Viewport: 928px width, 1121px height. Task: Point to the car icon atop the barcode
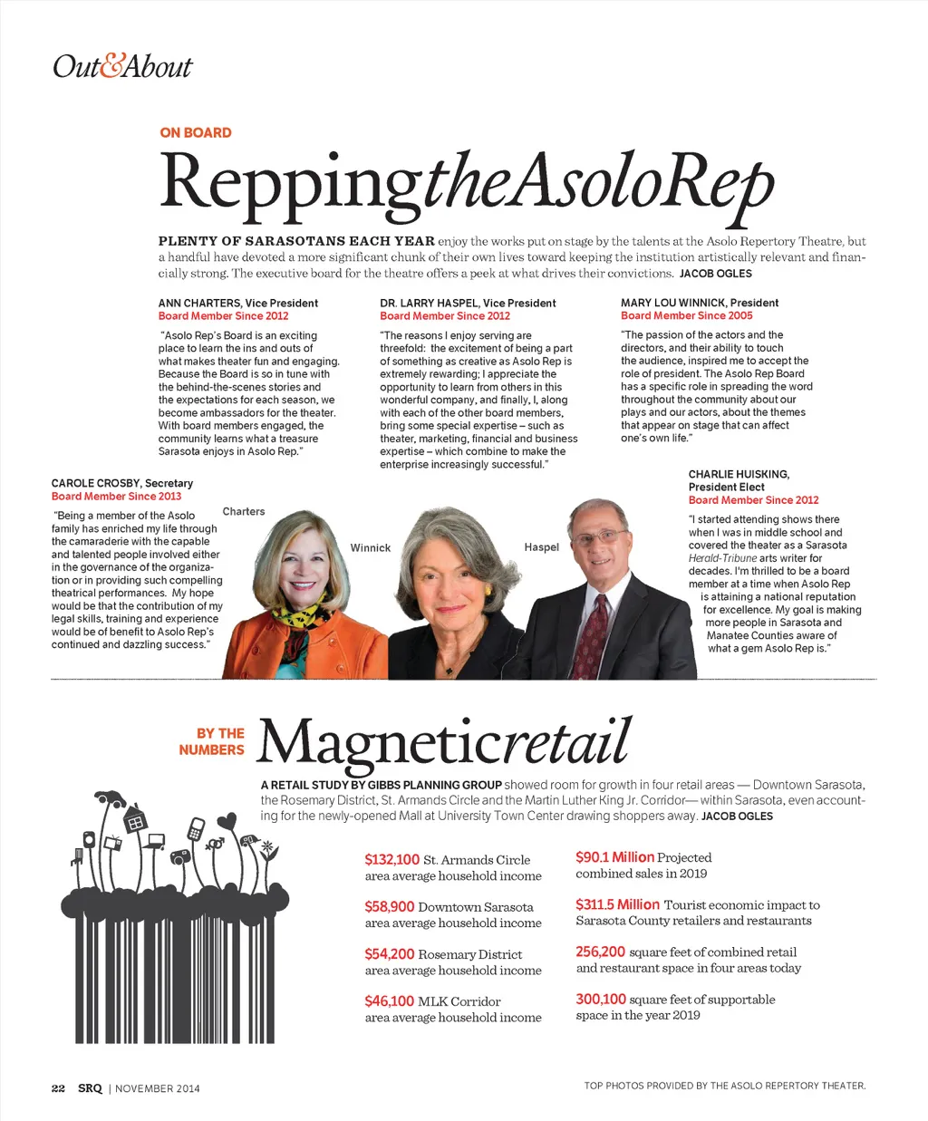coord(111,797)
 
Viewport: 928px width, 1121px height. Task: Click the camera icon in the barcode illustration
coord(179,855)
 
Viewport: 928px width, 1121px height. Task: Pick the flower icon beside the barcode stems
coord(267,850)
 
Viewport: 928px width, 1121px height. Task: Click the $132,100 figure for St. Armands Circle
coord(391,860)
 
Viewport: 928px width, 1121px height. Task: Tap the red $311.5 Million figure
coord(617,904)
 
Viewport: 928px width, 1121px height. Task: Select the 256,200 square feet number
coord(600,952)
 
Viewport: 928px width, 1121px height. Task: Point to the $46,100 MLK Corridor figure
coord(389,1001)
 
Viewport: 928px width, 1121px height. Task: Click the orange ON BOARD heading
coord(195,132)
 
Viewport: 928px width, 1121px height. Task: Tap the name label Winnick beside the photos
coord(370,548)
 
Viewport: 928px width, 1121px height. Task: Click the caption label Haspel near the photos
coord(541,547)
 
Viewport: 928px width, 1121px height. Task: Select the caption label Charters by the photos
coord(244,512)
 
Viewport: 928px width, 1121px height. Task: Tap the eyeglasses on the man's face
coord(599,536)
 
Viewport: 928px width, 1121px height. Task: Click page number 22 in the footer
coord(58,1088)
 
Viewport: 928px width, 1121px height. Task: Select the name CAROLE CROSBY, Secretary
coord(121,483)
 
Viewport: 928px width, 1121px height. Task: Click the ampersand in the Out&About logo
coord(110,67)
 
